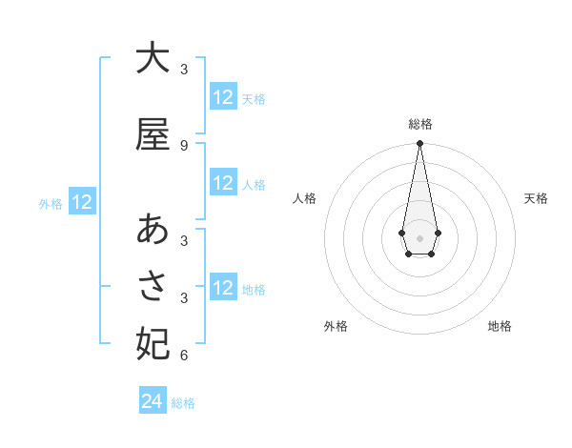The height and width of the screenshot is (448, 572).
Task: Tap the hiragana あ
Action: point(152,229)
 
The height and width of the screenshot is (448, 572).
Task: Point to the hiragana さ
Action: point(152,286)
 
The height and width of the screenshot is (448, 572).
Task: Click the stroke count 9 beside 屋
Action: point(183,146)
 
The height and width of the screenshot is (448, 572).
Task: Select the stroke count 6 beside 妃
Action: point(183,356)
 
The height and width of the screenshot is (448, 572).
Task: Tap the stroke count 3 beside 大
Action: point(183,70)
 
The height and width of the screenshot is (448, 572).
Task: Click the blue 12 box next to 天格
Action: point(223,97)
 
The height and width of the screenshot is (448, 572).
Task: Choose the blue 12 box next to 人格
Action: point(223,183)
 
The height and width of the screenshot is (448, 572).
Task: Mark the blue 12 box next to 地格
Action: point(223,288)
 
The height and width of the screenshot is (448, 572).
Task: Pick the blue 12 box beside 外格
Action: point(82,202)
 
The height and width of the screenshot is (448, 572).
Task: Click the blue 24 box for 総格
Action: point(153,402)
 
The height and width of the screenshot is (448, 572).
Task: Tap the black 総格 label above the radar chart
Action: point(419,124)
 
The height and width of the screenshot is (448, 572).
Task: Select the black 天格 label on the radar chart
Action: point(536,198)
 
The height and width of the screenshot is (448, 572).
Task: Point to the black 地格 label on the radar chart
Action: point(500,326)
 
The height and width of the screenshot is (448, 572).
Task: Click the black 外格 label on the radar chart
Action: point(336,326)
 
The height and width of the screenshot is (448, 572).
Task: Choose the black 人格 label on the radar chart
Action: point(304,198)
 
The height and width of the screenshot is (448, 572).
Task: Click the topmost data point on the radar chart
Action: point(419,144)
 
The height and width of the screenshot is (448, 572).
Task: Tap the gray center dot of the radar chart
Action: point(419,236)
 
